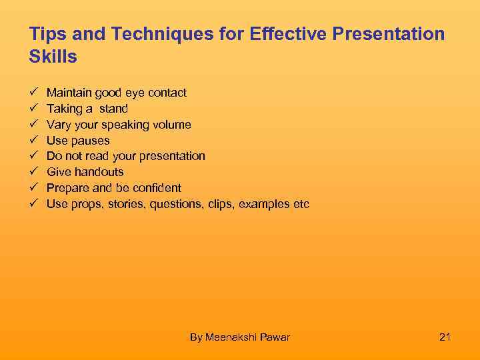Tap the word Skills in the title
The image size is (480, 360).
pos(53,57)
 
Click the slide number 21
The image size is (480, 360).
pos(445,337)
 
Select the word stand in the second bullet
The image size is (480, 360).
pos(113,109)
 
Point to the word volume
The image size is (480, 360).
pos(172,125)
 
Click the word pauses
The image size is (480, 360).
pos(91,141)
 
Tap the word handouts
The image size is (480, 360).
pos(99,172)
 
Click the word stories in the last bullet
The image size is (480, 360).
pos(126,204)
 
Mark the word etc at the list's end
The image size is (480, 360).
pos(301,204)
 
